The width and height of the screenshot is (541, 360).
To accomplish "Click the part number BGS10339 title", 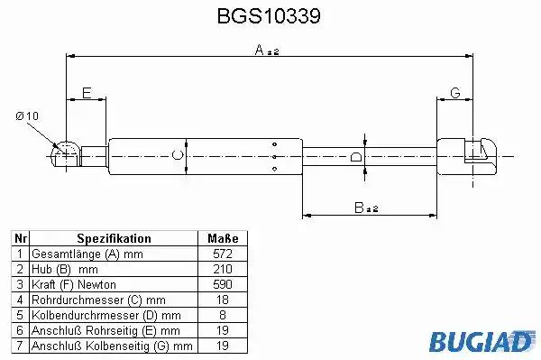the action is (269, 16).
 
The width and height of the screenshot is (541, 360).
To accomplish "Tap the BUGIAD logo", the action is (481, 341).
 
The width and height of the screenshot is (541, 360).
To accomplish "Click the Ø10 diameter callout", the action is (27, 116).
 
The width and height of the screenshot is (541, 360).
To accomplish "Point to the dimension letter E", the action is (87, 93).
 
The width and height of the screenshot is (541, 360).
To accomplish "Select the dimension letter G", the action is (455, 93).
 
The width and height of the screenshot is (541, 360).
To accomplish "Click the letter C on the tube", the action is (178, 155).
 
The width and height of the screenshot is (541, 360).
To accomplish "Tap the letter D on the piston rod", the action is (356, 156).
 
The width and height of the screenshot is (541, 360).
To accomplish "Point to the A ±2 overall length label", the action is (267, 51).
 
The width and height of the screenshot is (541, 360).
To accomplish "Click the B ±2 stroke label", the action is (366, 208).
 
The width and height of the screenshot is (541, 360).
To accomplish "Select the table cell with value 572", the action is (223, 254).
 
